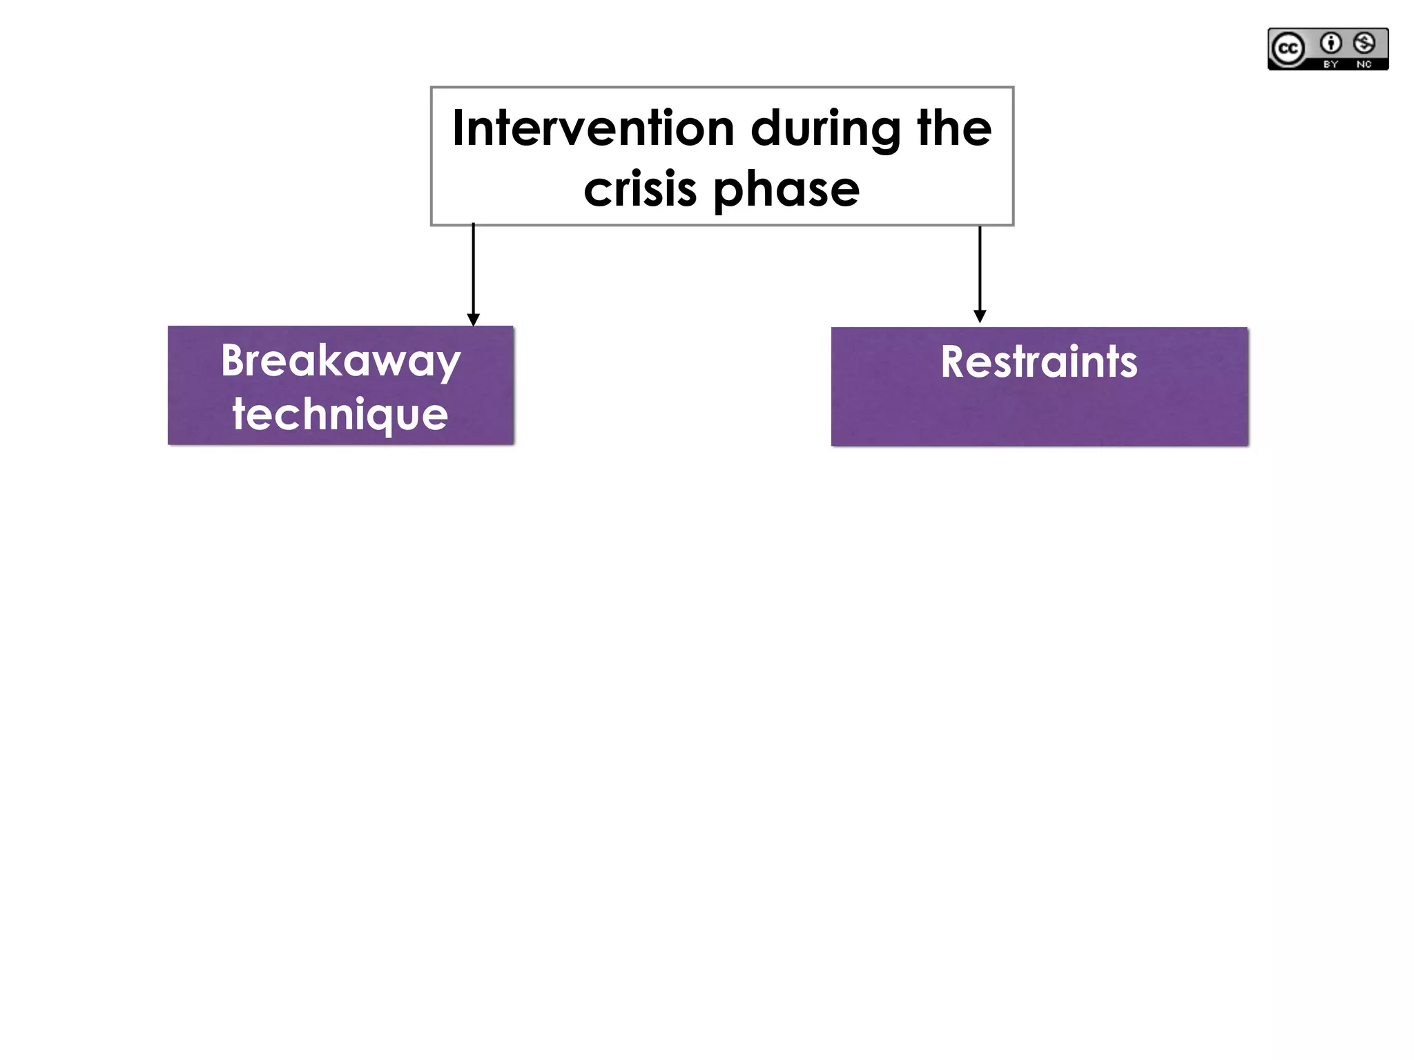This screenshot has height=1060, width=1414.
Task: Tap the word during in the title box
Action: coord(825,129)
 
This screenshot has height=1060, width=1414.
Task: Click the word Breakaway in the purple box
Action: coord(340,360)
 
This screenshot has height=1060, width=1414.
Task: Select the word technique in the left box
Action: coord(340,414)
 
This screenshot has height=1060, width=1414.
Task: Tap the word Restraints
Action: coord(1038,362)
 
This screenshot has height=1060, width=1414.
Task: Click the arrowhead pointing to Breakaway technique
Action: coord(473,320)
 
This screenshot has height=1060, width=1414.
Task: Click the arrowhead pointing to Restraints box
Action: coord(980,316)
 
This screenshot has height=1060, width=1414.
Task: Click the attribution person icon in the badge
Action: coord(1330,43)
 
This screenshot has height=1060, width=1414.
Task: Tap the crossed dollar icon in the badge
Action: coord(1364,43)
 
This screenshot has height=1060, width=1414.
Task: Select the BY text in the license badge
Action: coord(1330,64)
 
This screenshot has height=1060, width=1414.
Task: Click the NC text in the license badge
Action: coord(1364,64)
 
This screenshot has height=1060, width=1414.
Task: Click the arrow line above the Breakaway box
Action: coord(473,269)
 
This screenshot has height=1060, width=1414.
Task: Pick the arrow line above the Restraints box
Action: coord(980,269)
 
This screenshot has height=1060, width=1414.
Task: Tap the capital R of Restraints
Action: coord(954,362)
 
